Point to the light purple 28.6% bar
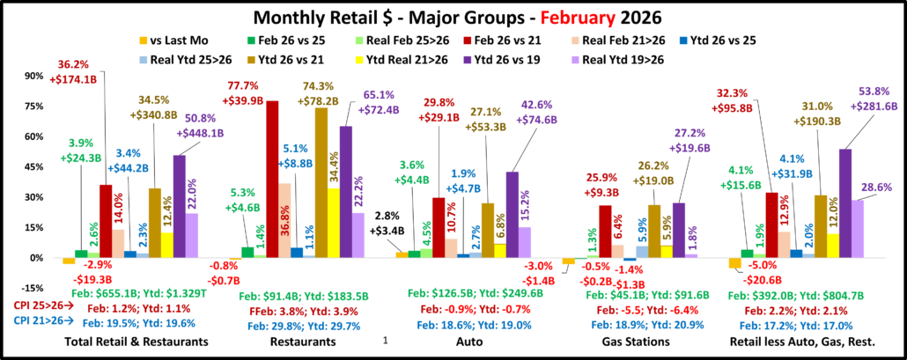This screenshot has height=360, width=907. [x=859, y=229]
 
